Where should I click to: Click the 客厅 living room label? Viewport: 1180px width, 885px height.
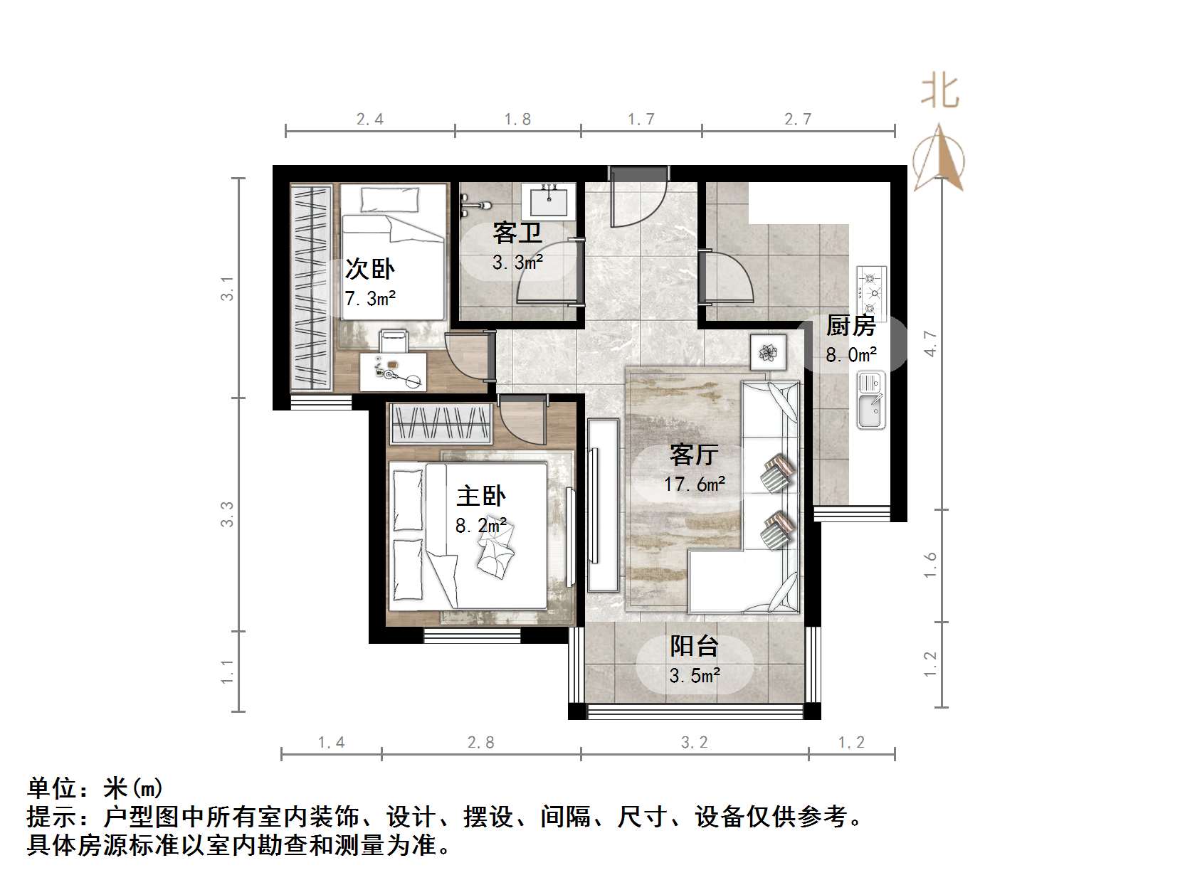click(x=694, y=454)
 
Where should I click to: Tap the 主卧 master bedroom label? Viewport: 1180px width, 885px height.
click(x=481, y=496)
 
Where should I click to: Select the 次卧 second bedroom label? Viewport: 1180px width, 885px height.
click(x=369, y=269)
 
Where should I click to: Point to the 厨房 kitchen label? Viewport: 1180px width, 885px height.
click(x=850, y=325)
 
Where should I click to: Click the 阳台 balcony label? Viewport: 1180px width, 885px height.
click(x=694, y=646)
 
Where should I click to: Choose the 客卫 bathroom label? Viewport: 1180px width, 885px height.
click(x=517, y=233)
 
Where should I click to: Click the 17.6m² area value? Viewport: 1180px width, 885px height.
click(x=695, y=484)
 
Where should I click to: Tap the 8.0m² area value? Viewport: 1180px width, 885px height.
click(x=851, y=354)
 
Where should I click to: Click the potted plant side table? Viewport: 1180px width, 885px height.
click(x=768, y=352)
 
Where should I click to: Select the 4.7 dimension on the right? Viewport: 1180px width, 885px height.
click(x=930, y=344)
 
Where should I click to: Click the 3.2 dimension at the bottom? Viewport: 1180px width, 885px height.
click(x=695, y=743)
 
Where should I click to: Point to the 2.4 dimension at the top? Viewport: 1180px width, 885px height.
click(x=370, y=120)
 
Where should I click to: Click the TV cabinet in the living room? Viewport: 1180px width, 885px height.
click(x=602, y=505)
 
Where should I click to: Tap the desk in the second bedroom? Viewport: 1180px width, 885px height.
click(x=393, y=371)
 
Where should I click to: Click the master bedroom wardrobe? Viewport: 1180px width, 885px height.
click(x=441, y=424)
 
